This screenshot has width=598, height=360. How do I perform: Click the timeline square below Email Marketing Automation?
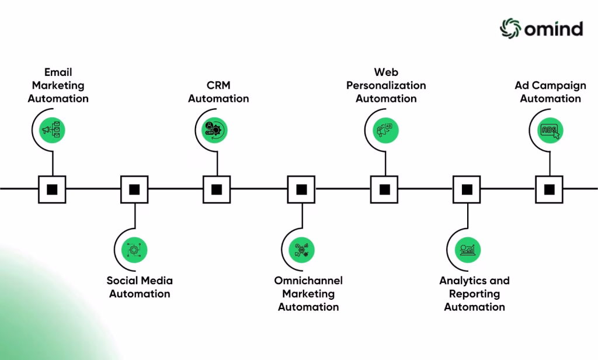tap(52, 189)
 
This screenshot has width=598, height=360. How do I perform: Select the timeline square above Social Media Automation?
tap(134, 189)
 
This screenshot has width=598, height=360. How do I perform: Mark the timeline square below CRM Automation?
tap(217, 189)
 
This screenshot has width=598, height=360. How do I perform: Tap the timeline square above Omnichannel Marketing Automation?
tap(301, 189)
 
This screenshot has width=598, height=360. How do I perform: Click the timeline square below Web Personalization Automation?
tap(384, 189)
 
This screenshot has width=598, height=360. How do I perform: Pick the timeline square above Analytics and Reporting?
tap(467, 189)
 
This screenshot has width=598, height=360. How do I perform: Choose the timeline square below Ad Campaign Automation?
tap(550, 189)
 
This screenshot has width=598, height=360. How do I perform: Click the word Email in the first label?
tap(58, 72)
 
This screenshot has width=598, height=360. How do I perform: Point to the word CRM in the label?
tap(218, 85)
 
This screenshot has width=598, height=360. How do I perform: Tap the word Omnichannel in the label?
tap(308, 281)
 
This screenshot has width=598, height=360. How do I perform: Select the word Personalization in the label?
tap(386, 85)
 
